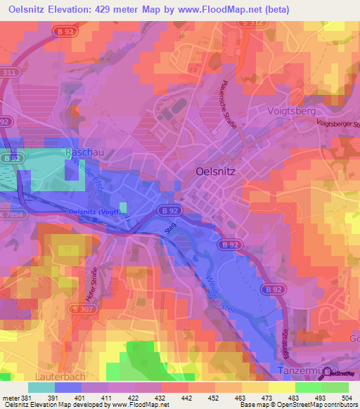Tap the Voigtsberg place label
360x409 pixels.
pos(292,111)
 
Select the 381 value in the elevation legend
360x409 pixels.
pos(27,398)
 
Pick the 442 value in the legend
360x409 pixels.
pos(186,398)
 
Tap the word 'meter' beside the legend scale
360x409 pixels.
pos(9,398)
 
